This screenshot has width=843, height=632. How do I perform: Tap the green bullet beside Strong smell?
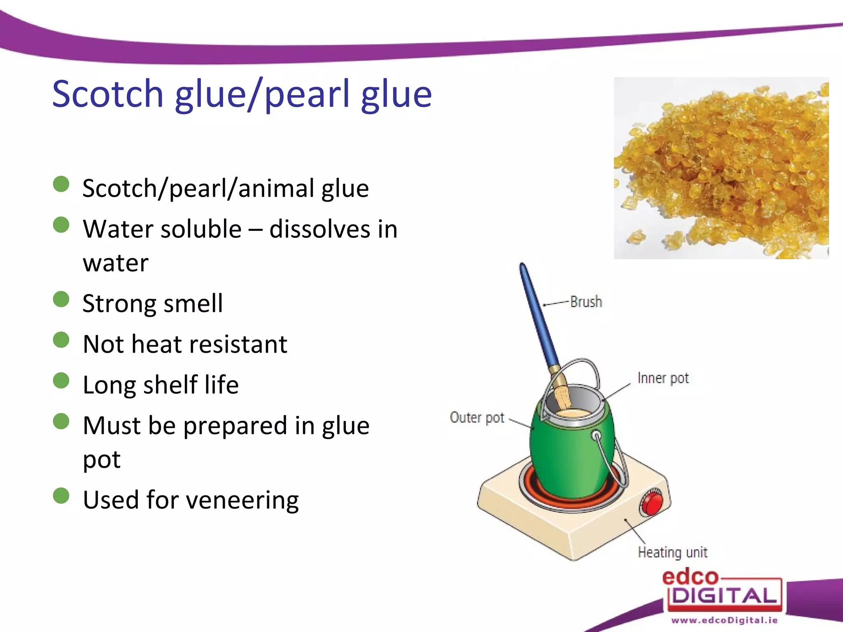(61, 299)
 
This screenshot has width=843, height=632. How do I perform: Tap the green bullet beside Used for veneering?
(61, 496)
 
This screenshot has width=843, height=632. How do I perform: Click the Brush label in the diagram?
(586, 302)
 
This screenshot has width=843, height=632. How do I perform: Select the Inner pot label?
(663, 378)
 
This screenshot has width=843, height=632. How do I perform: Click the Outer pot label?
(477, 417)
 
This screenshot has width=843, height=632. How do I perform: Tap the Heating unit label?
(672, 552)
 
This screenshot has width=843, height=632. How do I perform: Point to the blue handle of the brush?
(537, 313)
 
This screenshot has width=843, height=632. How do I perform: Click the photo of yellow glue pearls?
(721, 168)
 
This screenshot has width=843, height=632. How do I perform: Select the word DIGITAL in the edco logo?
(724, 596)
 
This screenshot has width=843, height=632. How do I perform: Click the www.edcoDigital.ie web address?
(724, 620)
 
